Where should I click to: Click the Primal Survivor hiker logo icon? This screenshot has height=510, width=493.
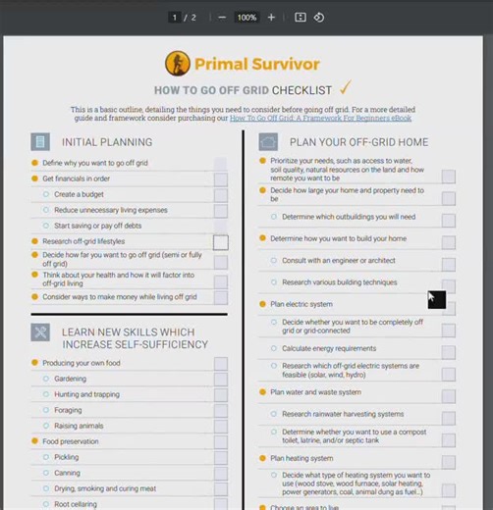pyautogui.click(x=177, y=64)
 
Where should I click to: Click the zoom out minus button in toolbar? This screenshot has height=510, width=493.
pyautogui.click(x=222, y=18)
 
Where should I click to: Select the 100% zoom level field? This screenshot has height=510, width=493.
pyautogui.click(x=246, y=18)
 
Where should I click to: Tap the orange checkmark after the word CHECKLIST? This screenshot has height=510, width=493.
pyautogui.click(x=345, y=88)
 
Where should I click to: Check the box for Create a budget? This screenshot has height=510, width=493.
pyautogui.click(x=221, y=194)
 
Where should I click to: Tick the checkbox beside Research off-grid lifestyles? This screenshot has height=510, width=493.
pyautogui.click(x=221, y=242)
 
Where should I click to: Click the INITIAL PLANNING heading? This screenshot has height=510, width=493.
pyautogui.click(x=107, y=142)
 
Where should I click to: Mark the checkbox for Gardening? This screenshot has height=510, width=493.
pyautogui.click(x=221, y=379)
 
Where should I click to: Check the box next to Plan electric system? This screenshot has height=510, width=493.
pyautogui.click(x=448, y=305)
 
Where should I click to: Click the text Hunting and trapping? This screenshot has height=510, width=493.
pyautogui.click(x=86, y=394)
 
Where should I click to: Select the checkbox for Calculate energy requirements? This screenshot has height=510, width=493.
pyautogui.click(x=448, y=349)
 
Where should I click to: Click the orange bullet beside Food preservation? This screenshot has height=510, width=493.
pyautogui.click(x=35, y=441)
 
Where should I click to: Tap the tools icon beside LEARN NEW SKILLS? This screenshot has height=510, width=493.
pyautogui.click(x=40, y=331)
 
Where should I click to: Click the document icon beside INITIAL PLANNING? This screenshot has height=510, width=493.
pyautogui.click(x=40, y=142)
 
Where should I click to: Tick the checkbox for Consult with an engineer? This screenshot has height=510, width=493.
pyautogui.click(x=448, y=262)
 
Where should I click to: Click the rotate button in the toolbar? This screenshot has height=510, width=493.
pyautogui.click(x=319, y=18)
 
